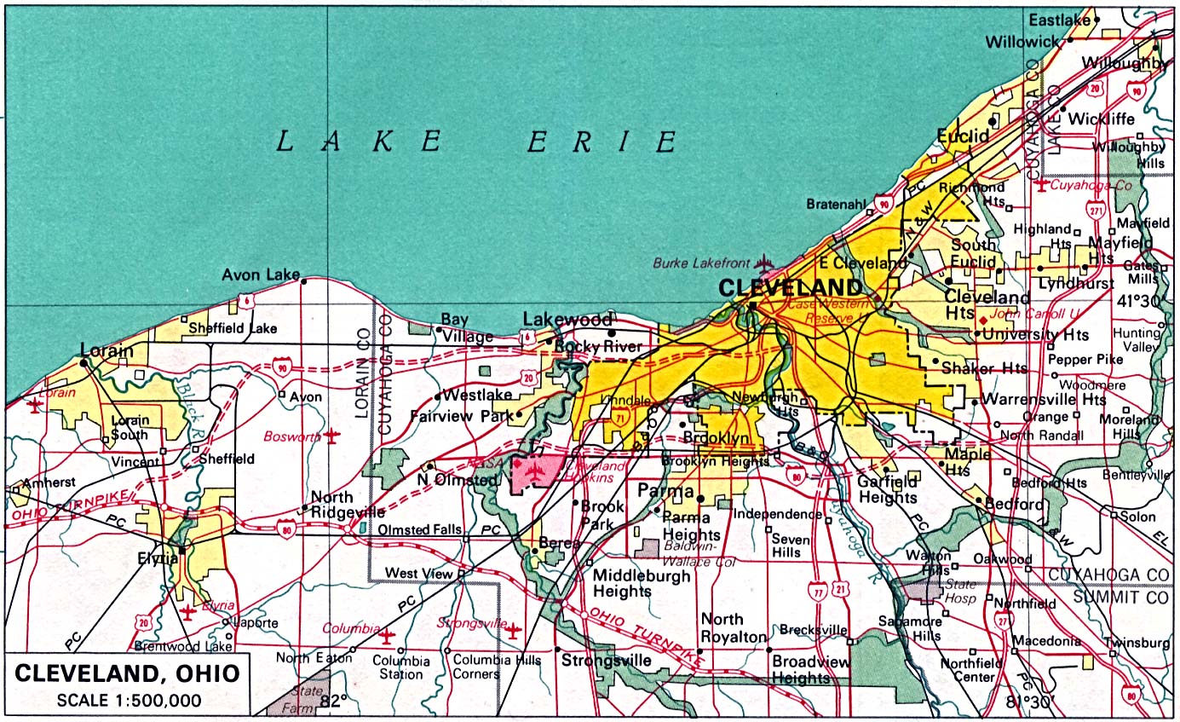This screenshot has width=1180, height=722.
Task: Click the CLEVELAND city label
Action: (791, 286)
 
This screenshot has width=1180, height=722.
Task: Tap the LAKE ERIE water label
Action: (477, 141)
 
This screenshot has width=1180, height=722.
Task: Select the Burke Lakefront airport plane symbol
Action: (764, 263)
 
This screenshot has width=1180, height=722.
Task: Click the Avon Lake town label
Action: (260, 274)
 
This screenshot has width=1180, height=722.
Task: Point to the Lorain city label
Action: (106, 350)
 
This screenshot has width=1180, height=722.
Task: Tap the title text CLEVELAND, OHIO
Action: (127, 674)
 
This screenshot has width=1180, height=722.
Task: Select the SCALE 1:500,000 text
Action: (129, 701)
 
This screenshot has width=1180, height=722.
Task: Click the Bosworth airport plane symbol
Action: (331, 436)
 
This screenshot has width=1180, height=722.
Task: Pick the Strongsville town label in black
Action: (606, 661)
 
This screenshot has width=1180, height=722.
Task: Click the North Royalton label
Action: (733, 628)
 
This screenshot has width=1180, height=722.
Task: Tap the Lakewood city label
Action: (567, 320)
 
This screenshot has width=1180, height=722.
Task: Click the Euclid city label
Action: (963, 136)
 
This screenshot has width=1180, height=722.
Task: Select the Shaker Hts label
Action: (984, 368)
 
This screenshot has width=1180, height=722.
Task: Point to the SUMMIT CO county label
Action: (1121, 597)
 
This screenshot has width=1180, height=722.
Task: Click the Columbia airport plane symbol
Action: (388, 636)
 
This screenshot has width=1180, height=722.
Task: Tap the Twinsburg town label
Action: (1137, 642)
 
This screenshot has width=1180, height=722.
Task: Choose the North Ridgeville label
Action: (347, 505)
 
